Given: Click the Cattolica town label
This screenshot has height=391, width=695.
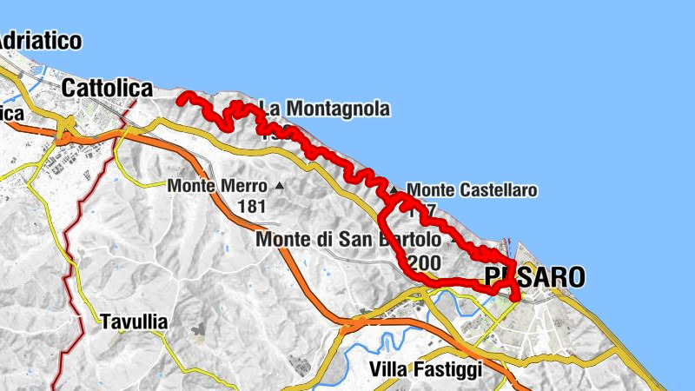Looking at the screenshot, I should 108,88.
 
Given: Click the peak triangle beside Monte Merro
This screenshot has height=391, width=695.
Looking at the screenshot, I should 279,185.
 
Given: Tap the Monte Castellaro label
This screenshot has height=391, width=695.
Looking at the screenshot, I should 471,189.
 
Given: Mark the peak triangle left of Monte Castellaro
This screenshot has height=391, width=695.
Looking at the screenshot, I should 394,189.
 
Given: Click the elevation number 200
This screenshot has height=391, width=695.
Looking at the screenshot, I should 425,262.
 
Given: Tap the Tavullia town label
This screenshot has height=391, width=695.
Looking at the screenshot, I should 133,321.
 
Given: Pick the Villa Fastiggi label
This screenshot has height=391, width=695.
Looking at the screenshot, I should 426,369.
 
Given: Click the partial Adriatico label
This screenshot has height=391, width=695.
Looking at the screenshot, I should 40,40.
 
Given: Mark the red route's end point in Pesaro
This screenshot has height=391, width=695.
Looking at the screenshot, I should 518,300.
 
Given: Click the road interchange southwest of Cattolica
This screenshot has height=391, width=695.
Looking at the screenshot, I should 65,135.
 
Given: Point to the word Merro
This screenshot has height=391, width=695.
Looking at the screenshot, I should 242,185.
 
